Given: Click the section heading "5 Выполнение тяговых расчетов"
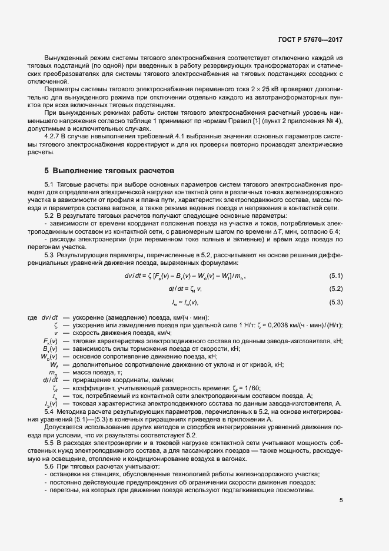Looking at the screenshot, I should (x=109, y=171).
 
